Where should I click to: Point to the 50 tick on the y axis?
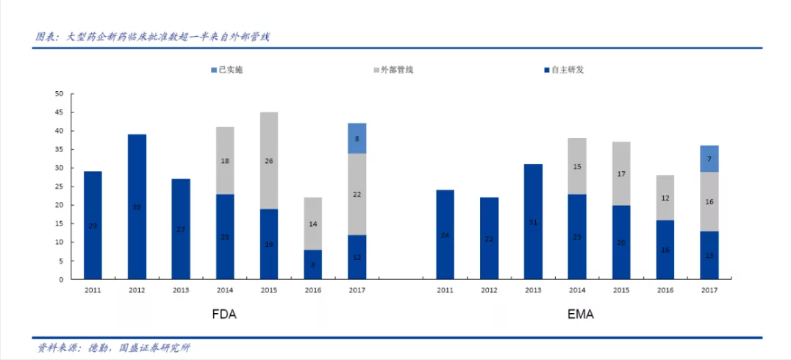pyautogui.click(x=60, y=94)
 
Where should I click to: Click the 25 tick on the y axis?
pyautogui.click(x=60, y=187)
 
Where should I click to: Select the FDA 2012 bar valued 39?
pyautogui.click(x=137, y=206)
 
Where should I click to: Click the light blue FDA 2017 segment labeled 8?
pyautogui.click(x=357, y=138)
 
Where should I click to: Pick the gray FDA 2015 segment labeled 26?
pyautogui.click(x=269, y=161)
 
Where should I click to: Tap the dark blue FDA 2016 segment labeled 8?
pyautogui.click(x=313, y=264)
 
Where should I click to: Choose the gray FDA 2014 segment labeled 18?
pyautogui.click(x=225, y=160)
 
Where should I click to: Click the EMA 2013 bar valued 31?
pyautogui.click(x=533, y=221)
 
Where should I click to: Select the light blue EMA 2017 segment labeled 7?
pyautogui.click(x=709, y=159)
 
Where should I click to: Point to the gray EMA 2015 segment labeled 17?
pyautogui.click(x=621, y=173)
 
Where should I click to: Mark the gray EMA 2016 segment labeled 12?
pyautogui.click(x=665, y=198)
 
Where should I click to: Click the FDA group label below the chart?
pyautogui.click(x=224, y=314)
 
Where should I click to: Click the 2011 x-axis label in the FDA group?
pyautogui.click(x=93, y=290)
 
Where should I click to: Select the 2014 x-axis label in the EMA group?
pyautogui.click(x=577, y=290)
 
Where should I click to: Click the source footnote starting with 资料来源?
pyautogui.click(x=114, y=348)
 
